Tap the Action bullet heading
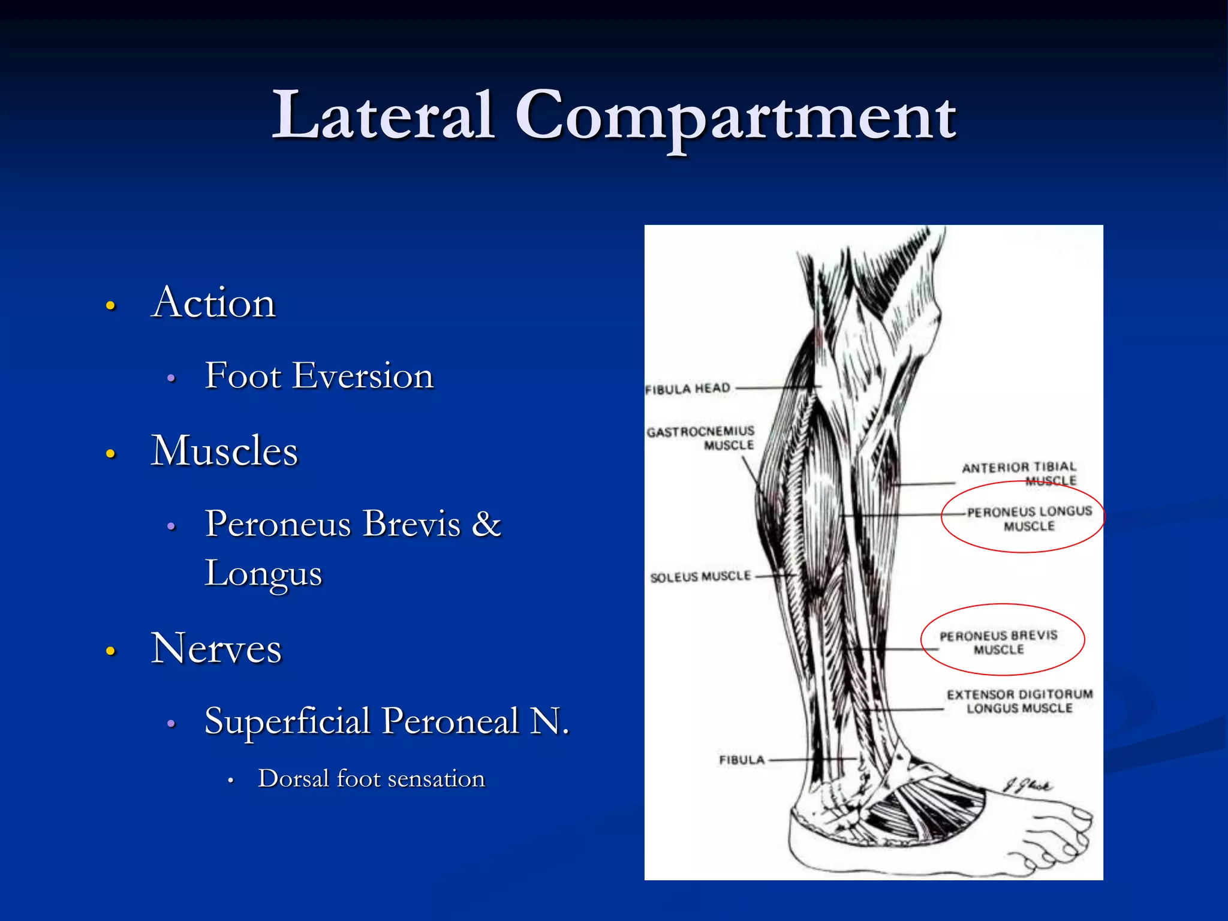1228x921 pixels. tap(213, 302)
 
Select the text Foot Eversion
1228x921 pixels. tap(319, 376)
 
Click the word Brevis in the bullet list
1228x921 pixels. tap(413, 523)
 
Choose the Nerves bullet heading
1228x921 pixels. tap(216, 648)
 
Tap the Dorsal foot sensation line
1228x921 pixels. tap(371, 779)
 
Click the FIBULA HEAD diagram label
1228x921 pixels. tap(688, 389)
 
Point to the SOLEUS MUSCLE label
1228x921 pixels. tap(700, 577)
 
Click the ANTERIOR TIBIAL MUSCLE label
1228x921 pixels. tap(1019, 474)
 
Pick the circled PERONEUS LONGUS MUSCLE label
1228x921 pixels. tap(1029, 519)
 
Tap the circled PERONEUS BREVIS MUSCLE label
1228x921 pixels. tap(998, 642)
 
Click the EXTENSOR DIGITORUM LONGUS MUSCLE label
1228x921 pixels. tap(1019, 701)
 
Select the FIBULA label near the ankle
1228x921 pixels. tap(742, 760)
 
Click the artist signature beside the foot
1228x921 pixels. tap(1028, 785)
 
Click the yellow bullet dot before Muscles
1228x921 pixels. tap(110, 453)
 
